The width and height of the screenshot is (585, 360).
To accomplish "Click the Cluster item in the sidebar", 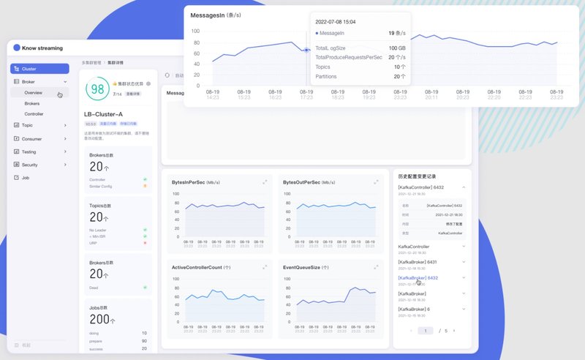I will click(29, 69).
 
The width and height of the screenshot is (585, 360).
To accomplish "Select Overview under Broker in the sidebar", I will click(33, 93).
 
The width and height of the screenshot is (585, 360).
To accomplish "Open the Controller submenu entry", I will click(34, 114).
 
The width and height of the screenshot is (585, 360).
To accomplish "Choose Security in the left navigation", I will click(30, 165).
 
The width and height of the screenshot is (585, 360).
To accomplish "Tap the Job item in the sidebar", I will click(26, 177).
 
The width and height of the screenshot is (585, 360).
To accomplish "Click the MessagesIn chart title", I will click(216, 15).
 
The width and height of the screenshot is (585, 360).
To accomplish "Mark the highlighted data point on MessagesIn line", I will click(306, 50).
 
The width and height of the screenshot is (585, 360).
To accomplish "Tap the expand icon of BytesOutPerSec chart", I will click(376, 181).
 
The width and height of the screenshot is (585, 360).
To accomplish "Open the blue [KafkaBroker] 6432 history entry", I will click(418, 278).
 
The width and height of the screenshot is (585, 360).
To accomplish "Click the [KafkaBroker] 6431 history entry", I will click(418, 262).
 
